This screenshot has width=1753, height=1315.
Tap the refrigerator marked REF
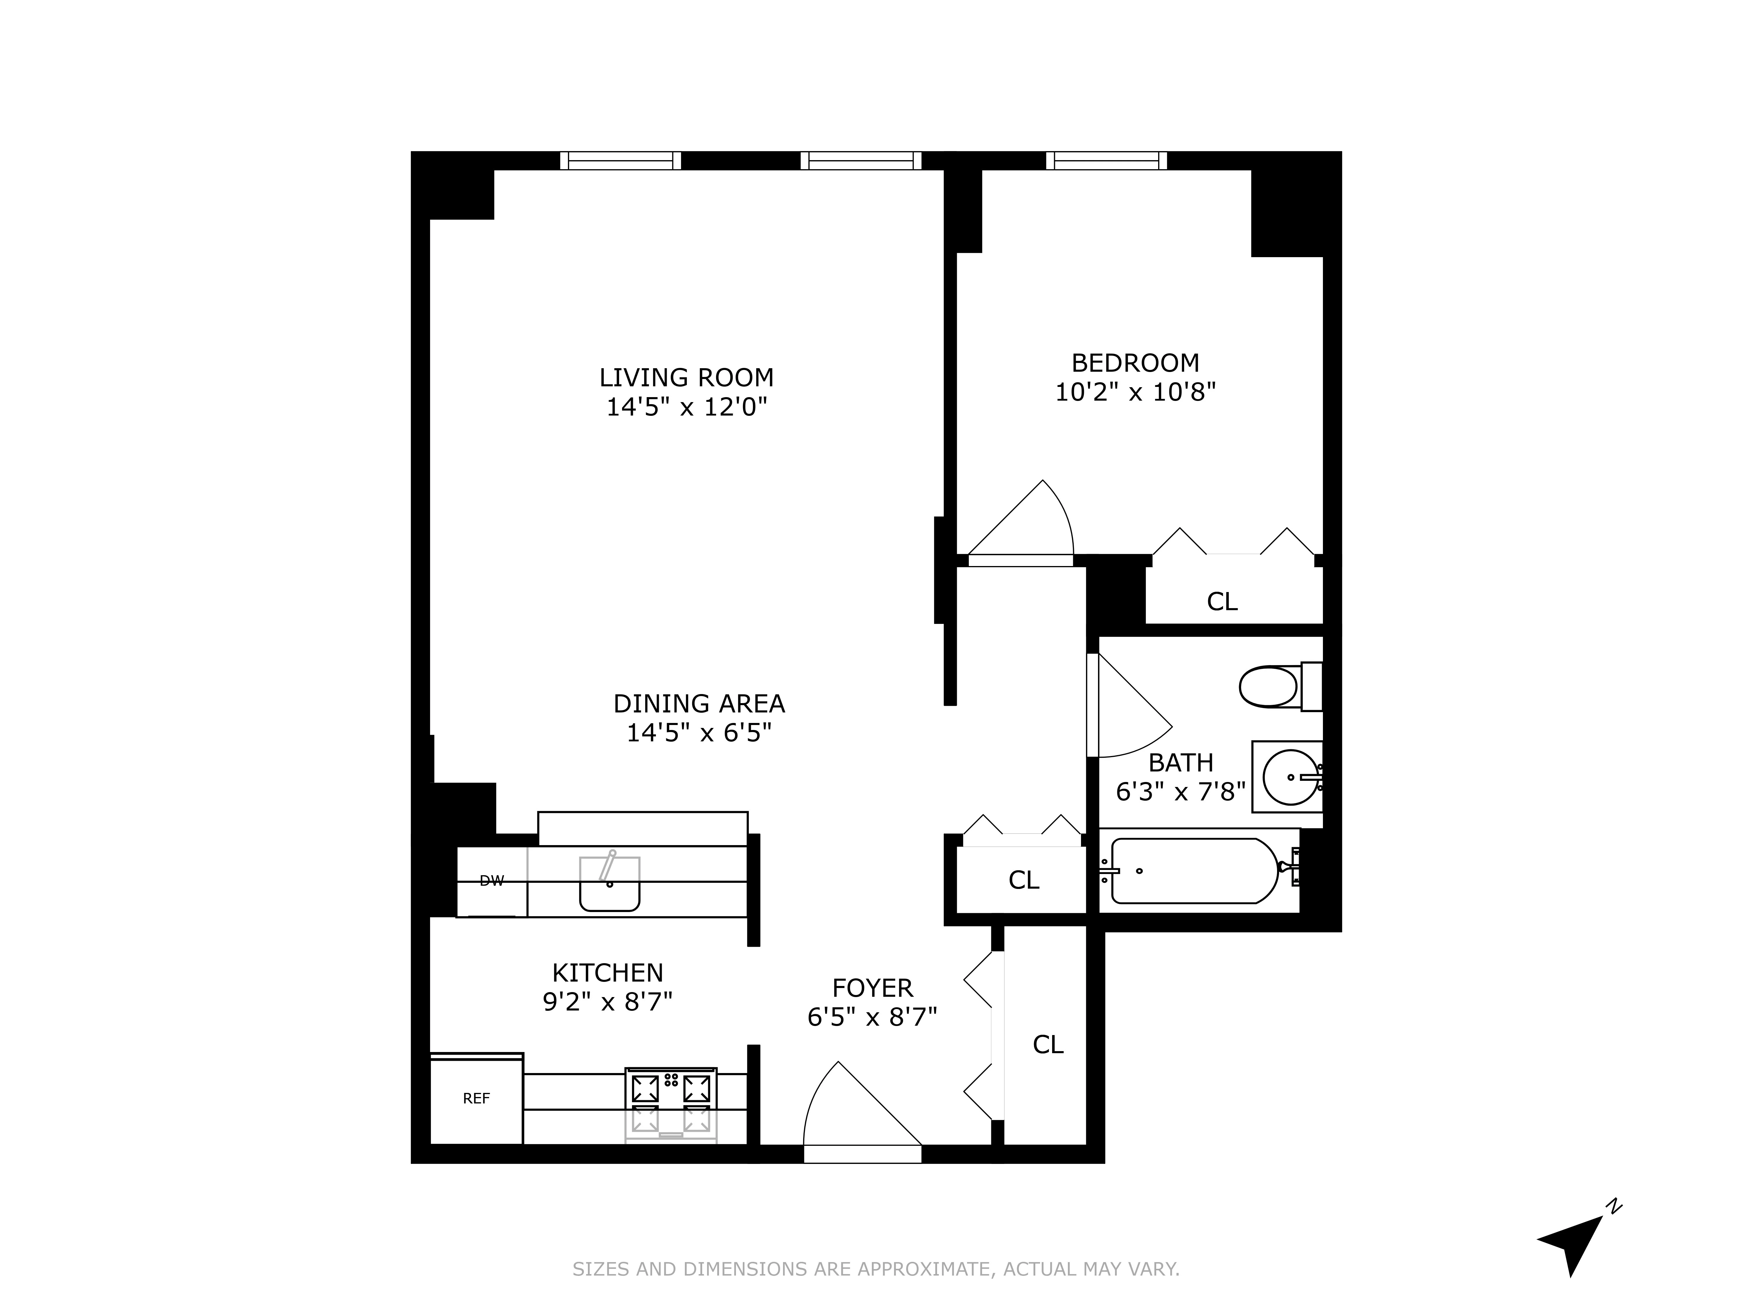[476, 1098]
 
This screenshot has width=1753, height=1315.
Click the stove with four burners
[671, 1104]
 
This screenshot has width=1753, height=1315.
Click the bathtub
[1194, 871]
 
